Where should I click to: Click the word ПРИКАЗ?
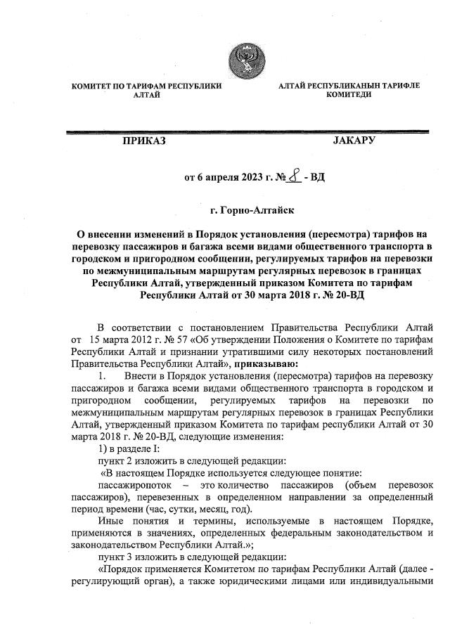click(x=144, y=141)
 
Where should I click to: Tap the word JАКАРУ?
click(x=354, y=141)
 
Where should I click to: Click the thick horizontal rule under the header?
click(x=246, y=131)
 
